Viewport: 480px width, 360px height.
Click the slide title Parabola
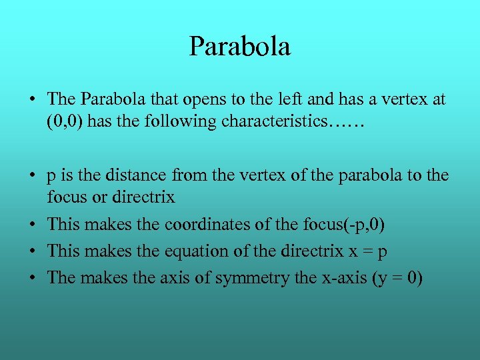(x=239, y=47)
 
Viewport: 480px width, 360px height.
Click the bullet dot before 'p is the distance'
(x=32, y=176)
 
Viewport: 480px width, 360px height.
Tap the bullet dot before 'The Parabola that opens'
(x=32, y=100)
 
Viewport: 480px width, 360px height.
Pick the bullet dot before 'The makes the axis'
(x=32, y=279)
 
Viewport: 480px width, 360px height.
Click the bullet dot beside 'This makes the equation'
(x=32, y=252)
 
